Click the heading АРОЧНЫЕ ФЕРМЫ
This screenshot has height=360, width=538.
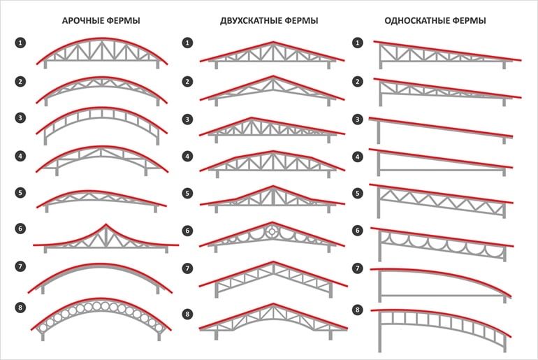pos(101,20)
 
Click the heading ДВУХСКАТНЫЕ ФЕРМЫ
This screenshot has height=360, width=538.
pos(269,20)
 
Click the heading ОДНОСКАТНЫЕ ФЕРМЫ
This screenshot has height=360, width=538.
pos(435,20)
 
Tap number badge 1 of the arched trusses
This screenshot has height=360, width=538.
pos(20,43)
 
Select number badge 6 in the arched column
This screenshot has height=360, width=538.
pos(20,229)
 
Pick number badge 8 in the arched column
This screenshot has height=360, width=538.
pos(20,308)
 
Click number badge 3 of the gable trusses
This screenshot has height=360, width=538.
pos(187,120)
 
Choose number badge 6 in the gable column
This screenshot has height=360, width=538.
pos(187,231)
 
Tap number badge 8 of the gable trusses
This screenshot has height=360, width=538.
pos(187,314)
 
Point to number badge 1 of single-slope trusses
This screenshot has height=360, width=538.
pos(358,43)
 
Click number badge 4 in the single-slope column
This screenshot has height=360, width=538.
pos(358,157)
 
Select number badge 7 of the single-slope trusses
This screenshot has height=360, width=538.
pos(358,268)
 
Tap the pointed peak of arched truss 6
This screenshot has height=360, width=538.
pos(106,225)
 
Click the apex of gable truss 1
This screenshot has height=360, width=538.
pos(273,42)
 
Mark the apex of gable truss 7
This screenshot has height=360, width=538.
pos(273,262)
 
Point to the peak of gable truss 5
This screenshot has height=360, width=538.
pos(273,187)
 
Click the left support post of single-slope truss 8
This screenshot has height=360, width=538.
pos(380,332)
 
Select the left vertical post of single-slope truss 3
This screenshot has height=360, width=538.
pos(379,132)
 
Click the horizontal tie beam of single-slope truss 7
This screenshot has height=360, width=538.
pos(442,296)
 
